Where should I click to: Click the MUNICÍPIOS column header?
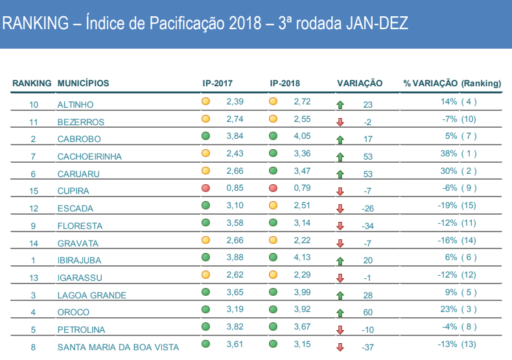pyautogui.click(x=83, y=84)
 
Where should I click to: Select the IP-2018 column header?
pyautogui.click(x=285, y=84)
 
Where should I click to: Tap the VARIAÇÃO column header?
pyautogui.click(x=360, y=84)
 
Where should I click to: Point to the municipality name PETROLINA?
pyautogui.click(x=81, y=330)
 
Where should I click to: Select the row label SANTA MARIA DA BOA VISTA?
pyautogui.click(x=118, y=347)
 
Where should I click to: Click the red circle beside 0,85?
pyautogui.click(x=206, y=188)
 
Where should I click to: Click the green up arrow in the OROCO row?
pyautogui.click(x=340, y=313)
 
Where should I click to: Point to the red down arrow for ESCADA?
pyautogui.click(x=340, y=209)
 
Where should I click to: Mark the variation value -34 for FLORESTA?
pyautogui.click(x=368, y=226)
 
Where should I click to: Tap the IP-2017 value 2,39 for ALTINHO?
pyautogui.click(x=235, y=102)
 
